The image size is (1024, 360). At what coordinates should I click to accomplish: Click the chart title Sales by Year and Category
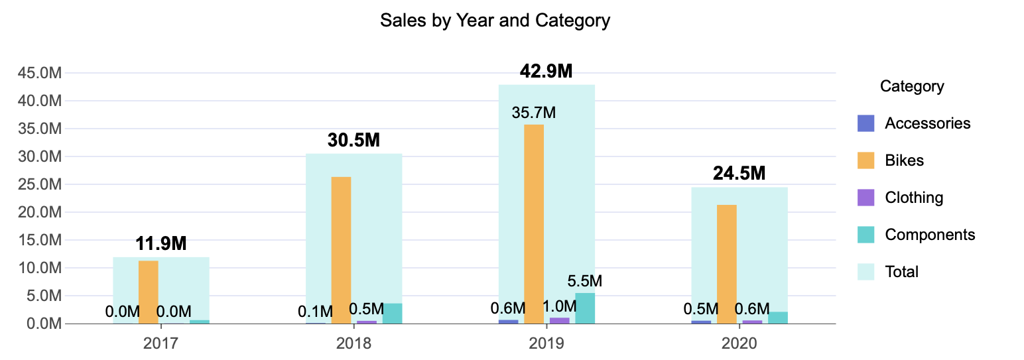[495, 21]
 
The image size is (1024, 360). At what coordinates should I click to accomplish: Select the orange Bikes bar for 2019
[534, 224]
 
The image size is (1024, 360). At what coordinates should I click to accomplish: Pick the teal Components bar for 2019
[585, 308]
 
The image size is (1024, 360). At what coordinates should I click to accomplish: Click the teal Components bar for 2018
[392, 314]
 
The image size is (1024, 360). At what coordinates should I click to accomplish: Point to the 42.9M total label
[546, 72]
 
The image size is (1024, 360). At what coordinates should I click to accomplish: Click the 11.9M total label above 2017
[161, 243]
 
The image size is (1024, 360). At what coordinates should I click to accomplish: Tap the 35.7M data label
[533, 113]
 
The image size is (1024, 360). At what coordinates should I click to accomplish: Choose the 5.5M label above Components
[585, 281]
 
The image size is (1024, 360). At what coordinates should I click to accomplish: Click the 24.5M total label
[739, 174]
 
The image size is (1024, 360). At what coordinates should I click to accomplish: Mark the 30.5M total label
[353, 141]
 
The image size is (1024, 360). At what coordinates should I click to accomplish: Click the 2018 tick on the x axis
[353, 343]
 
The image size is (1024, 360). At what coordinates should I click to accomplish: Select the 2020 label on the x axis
[739, 343]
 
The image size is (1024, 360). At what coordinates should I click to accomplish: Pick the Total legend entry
[901, 272]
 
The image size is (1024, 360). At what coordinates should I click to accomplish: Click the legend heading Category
[912, 86]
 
